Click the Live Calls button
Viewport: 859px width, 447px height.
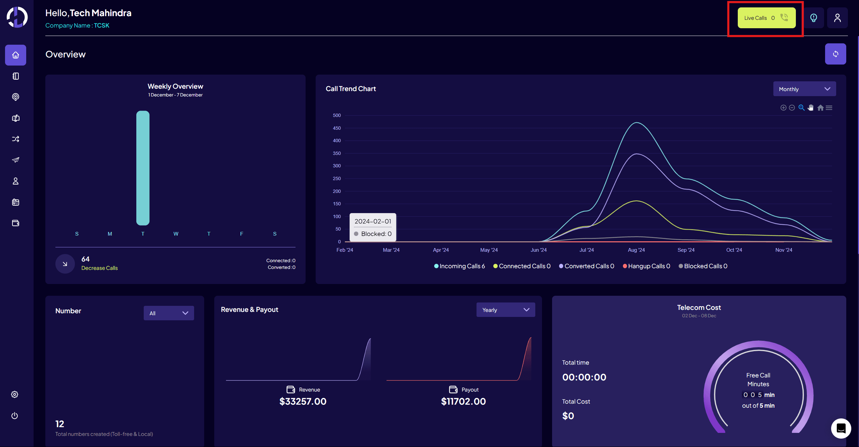(x=766, y=18)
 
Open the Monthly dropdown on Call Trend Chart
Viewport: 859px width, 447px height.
(x=804, y=89)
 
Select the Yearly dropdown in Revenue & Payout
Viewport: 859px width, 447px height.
(x=505, y=310)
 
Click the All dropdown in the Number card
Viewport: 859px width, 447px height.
(x=169, y=313)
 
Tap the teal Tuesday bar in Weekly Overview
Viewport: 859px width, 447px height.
(x=143, y=168)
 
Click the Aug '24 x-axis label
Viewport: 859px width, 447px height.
(x=636, y=250)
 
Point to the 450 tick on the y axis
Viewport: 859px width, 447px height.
(x=336, y=128)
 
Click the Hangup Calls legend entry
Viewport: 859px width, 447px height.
(x=646, y=266)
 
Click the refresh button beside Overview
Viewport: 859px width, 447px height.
(x=835, y=54)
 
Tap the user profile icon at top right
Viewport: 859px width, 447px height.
(x=837, y=18)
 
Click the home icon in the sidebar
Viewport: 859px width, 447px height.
(x=15, y=55)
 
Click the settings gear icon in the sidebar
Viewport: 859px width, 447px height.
(x=14, y=395)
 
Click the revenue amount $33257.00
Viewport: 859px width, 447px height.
(x=303, y=401)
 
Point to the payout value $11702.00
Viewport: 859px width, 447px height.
(x=463, y=401)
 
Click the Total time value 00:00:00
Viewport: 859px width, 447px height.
(x=584, y=377)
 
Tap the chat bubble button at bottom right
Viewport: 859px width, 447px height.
(x=841, y=429)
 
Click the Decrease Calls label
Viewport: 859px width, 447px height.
(x=99, y=268)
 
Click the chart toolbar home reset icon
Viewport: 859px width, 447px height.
(x=820, y=108)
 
